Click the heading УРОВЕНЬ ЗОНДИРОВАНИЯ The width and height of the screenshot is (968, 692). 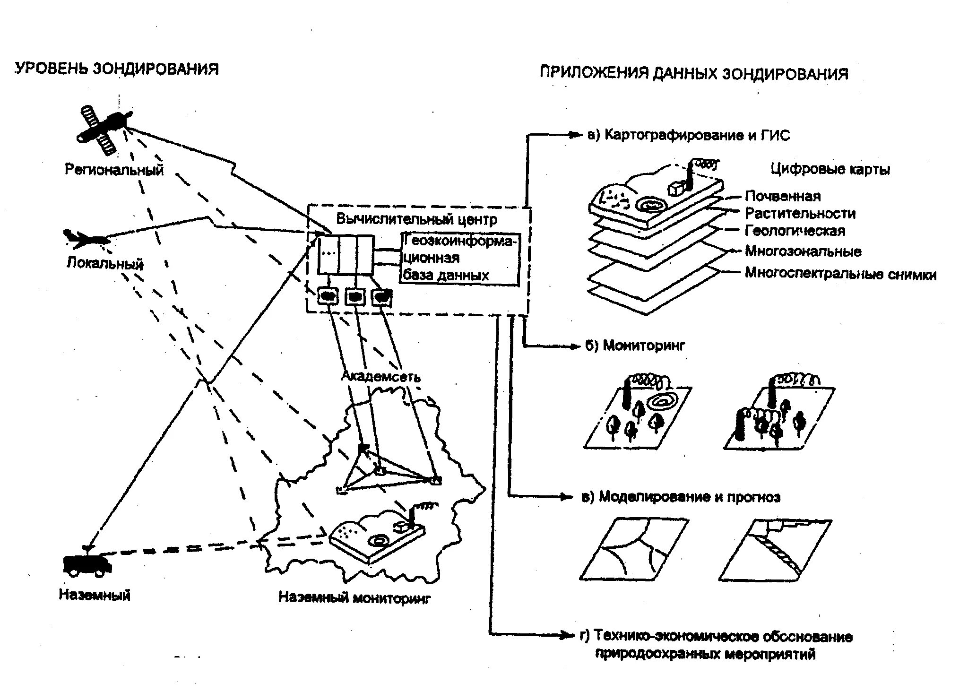click(117, 69)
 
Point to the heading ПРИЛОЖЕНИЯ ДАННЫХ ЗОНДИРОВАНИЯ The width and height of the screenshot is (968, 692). click(694, 73)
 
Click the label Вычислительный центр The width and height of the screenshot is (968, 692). click(416, 220)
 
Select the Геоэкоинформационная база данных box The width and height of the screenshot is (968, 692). click(459, 259)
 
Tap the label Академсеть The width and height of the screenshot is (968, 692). click(380, 376)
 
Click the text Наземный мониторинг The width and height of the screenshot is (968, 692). click(354, 598)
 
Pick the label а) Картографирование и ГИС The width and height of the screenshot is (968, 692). click(688, 136)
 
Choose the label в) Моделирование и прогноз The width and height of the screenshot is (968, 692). click(681, 497)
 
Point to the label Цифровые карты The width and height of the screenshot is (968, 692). click(830, 169)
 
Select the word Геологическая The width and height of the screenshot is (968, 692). click(795, 231)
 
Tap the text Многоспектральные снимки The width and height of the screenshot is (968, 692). click(840, 274)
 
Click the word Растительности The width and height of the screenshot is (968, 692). click(800, 213)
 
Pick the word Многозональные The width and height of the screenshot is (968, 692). click(803, 251)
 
